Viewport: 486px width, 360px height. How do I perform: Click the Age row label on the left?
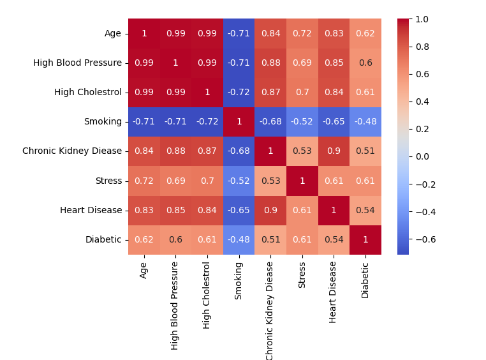113,33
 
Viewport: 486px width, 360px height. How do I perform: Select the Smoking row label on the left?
103,121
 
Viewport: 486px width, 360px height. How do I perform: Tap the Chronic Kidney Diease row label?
72,151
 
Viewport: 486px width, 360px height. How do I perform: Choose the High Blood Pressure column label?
175,304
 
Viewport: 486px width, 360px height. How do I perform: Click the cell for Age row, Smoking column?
239,33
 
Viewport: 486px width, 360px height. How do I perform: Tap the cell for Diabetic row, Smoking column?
239,239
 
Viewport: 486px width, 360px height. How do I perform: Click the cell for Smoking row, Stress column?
302,121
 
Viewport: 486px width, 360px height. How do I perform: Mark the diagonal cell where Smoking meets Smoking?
239,121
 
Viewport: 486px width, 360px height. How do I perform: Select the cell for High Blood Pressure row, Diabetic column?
365,63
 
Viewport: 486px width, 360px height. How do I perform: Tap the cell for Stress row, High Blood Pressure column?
175,181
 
